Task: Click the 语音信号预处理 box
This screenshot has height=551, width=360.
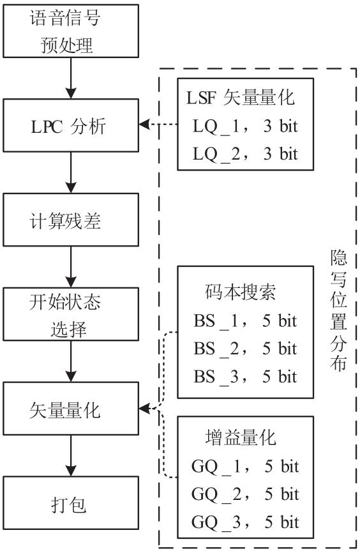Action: [x=71, y=31]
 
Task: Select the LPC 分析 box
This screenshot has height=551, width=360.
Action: [x=71, y=125]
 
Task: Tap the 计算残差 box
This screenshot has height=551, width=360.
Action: [x=71, y=220]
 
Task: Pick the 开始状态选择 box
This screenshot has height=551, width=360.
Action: [x=71, y=313]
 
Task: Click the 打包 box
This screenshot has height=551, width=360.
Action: [x=71, y=503]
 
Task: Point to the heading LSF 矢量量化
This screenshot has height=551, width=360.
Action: [x=240, y=97]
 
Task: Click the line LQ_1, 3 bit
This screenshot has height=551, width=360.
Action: [x=245, y=126]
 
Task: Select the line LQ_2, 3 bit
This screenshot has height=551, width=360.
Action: [x=245, y=154]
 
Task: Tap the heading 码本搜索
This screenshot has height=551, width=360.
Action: [x=240, y=292]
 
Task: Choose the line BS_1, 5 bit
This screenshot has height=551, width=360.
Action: [x=245, y=321]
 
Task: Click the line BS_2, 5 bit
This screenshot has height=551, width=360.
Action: [x=245, y=349]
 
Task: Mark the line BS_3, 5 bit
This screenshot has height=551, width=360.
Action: [x=245, y=376]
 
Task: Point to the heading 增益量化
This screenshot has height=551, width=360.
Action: [x=240, y=437]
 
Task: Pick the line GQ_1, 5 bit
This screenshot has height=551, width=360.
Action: [x=245, y=466]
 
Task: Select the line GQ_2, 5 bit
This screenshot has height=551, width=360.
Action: [x=245, y=494]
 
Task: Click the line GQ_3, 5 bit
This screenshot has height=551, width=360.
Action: [x=245, y=522]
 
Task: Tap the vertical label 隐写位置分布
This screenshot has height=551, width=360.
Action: [x=338, y=310]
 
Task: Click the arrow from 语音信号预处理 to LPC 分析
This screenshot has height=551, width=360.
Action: [x=71, y=78]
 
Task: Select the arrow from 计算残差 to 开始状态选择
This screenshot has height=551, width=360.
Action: [x=71, y=267]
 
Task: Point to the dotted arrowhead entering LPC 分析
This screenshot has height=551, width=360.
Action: [x=144, y=124]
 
